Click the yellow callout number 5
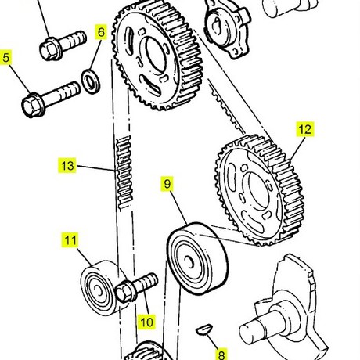click(x=5, y=57)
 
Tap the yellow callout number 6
click(x=101, y=32)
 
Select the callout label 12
click(x=305, y=129)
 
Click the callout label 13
click(x=67, y=165)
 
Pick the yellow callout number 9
click(x=167, y=184)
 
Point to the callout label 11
click(x=70, y=240)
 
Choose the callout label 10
click(x=147, y=322)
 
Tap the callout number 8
click(x=221, y=355)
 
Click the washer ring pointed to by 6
click(x=91, y=81)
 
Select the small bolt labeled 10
click(x=136, y=286)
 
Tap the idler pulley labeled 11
click(x=101, y=288)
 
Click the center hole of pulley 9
click(x=189, y=262)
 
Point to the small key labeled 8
click(x=204, y=329)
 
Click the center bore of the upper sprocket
click(x=156, y=55)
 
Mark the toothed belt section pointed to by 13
click(x=124, y=173)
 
